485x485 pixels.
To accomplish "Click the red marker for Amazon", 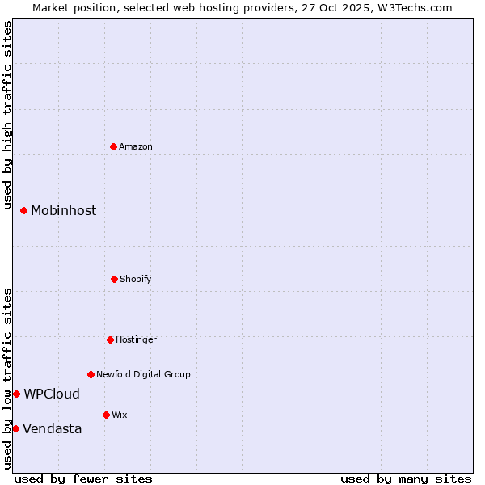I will coord(114,146).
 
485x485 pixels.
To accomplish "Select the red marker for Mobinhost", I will coord(24,210).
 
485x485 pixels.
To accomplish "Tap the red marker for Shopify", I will coord(114,279).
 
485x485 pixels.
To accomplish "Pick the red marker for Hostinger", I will coord(110,339).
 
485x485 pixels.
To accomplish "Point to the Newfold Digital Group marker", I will coord(91,374).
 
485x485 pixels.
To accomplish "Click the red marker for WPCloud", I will coord(16,394).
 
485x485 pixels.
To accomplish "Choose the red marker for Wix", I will coord(106,415).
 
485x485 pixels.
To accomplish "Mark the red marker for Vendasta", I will coord(15,428).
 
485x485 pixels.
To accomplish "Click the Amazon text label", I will coord(136,146).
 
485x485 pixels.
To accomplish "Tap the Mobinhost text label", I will coord(63,210).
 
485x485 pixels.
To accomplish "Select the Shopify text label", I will coord(135,279).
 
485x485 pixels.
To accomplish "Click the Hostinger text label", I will coord(136,339).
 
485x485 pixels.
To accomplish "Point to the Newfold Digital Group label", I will coord(143,374).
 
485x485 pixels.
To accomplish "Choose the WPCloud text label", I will coord(52,394).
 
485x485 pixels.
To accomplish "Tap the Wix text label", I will coord(119,415).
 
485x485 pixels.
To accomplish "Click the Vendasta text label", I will coord(52,428).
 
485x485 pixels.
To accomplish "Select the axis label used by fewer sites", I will coord(83,479).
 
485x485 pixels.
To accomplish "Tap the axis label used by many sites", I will coord(406,479).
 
